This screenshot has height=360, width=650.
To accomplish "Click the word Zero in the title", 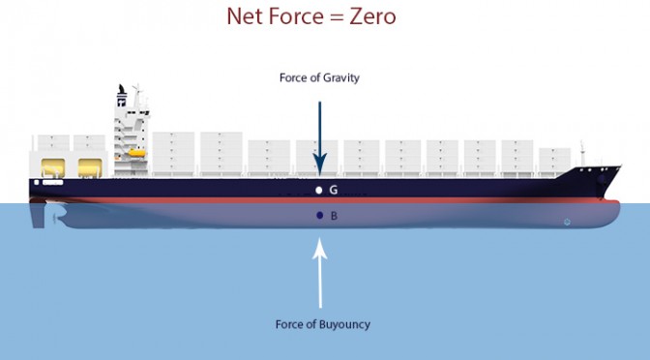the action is (x=372, y=16).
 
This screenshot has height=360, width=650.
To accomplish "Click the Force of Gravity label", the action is (x=319, y=77).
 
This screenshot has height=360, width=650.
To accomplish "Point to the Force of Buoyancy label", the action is (x=322, y=324).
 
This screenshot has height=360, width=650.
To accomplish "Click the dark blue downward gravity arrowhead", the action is (x=319, y=165).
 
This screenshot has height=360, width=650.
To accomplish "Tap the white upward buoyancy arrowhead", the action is (x=319, y=249).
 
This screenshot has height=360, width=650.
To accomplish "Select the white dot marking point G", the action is (x=319, y=190).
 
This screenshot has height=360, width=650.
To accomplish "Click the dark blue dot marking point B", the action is (x=319, y=215).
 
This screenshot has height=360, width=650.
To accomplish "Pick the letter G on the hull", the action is (x=334, y=190).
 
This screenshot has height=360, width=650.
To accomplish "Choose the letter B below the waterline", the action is (x=334, y=216).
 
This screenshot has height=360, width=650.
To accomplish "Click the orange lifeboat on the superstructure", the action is (x=136, y=153).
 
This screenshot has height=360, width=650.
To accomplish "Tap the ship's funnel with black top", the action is (x=122, y=96).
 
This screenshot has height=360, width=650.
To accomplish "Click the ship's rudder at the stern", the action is (x=38, y=214).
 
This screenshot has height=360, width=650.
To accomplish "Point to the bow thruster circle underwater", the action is (x=567, y=222).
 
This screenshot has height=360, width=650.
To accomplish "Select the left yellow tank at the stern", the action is (x=53, y=167).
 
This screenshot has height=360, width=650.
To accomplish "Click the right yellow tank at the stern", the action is (x=90, y=167).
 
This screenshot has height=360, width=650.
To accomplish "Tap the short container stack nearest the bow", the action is (x=554, y=162).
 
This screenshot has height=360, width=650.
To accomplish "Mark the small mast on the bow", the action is (x=582, y=153).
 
